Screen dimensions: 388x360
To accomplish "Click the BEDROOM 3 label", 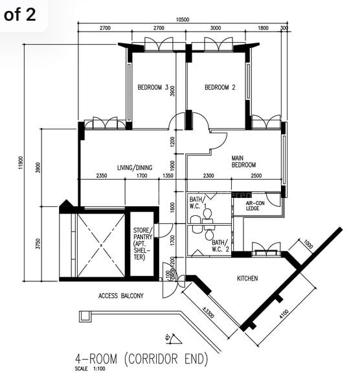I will coord(153,88).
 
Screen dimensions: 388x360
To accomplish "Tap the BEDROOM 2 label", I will coord(219,88).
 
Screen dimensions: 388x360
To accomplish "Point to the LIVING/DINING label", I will coord(135,167).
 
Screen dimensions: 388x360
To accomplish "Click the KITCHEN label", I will coord(247,278).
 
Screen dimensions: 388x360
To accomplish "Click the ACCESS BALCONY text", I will coord(121,296).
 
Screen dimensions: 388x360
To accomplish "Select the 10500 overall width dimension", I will coord(183,20).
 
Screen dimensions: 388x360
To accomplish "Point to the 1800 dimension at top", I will coord(263,28).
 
